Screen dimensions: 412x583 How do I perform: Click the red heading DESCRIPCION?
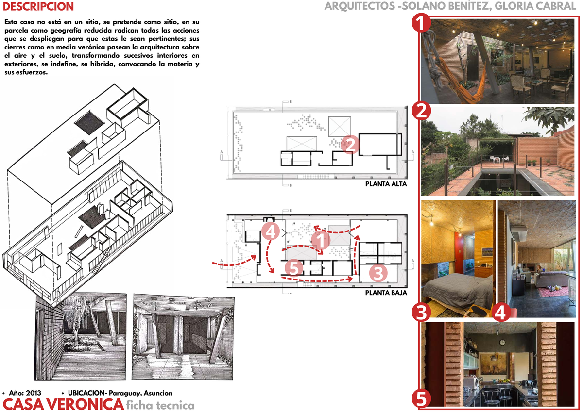click(x=38, y=7)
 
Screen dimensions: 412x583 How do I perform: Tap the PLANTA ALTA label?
click(x=386, y=184)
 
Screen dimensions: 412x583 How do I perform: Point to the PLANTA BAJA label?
click(x=386, y=293)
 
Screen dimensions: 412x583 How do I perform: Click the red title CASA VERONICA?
click(x=62, y=404)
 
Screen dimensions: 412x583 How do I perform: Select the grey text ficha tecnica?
click(x=160, y=405)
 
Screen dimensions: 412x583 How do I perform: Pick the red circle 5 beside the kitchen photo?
click(x=421, y=399)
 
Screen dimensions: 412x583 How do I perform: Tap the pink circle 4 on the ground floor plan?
click(x=270, y=231)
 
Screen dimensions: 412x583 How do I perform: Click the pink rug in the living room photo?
click(x=556, y=292)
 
